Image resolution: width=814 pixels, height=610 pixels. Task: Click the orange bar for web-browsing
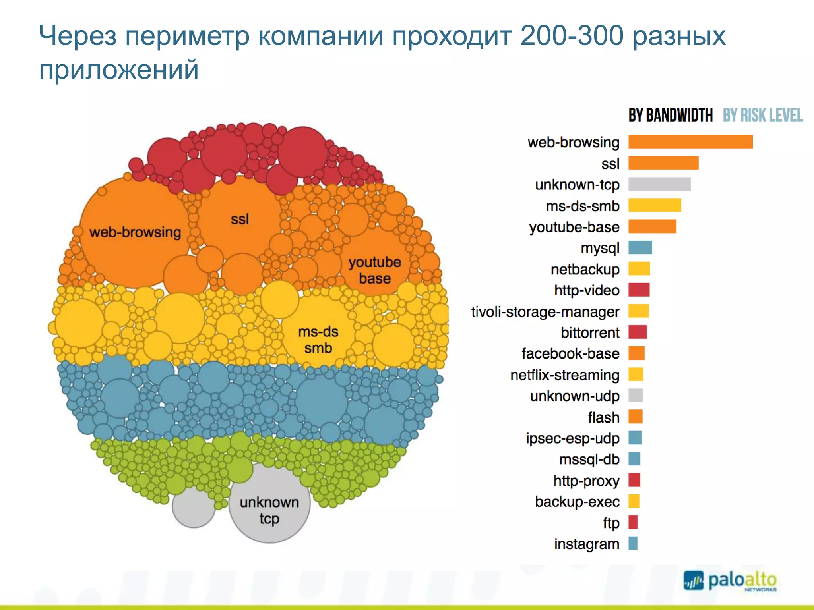[690, 142]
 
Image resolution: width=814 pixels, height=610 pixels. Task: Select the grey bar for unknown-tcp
[659, 184]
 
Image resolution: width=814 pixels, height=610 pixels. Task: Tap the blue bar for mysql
[640, 247]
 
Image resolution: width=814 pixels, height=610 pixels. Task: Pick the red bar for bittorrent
[638, 332]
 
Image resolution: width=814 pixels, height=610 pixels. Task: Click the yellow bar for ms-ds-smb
[655, 205]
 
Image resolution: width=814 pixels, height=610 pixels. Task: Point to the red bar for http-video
[639, 290]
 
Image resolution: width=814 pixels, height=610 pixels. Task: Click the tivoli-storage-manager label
[545, 312]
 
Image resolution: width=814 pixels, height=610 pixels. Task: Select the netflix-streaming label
[564, 375]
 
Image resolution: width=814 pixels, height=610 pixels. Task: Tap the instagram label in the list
[586, 544]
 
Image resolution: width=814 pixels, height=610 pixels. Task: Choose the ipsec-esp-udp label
[572, 438]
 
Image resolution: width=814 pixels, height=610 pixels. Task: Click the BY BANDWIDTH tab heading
[670, 115]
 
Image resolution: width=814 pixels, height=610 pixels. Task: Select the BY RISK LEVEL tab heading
[762, 115]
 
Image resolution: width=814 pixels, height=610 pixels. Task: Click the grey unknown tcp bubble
[269, 510]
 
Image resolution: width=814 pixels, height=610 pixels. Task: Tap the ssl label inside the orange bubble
[240, 219]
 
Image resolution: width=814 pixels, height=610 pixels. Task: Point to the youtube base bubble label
[374, 270]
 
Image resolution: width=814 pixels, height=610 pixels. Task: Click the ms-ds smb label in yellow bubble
[318, 340]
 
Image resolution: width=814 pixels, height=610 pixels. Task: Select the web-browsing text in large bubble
[135, 232]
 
